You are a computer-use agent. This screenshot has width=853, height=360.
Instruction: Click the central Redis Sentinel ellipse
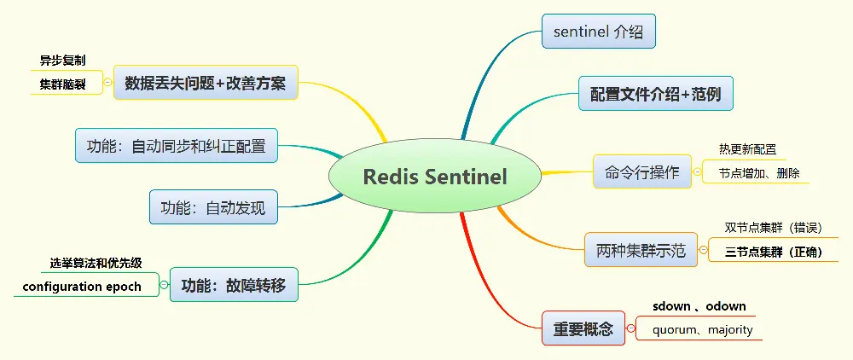pos(435,177)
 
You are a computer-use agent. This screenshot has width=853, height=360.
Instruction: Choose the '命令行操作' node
pos(642,171)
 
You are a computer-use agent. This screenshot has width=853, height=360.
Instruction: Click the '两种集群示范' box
pos(641,251)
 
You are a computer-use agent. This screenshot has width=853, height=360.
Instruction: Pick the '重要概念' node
pos(583,328)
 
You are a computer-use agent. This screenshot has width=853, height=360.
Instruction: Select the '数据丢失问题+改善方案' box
pos(206,83)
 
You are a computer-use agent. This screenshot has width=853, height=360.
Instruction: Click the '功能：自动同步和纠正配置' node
pos(177,146)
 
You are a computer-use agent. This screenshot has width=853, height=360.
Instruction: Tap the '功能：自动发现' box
pos(213,207)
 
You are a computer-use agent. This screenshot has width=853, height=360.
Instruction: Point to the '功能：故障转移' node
pos(234,284)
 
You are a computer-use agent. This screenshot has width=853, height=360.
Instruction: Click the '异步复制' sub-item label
pos(63,61)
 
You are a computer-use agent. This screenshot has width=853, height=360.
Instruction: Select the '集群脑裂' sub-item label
pos(63,84)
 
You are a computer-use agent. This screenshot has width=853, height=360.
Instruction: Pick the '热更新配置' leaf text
pos(747,149)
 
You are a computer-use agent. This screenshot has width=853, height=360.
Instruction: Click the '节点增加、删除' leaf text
pos(758,172)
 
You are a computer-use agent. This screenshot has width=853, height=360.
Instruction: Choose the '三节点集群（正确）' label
pos(773,252)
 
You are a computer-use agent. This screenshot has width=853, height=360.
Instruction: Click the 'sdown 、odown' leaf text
pos(699,306)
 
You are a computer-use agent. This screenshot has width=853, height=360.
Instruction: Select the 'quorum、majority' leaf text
pos(702,329)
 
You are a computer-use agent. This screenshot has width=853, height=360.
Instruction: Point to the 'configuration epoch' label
pos(82,286)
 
